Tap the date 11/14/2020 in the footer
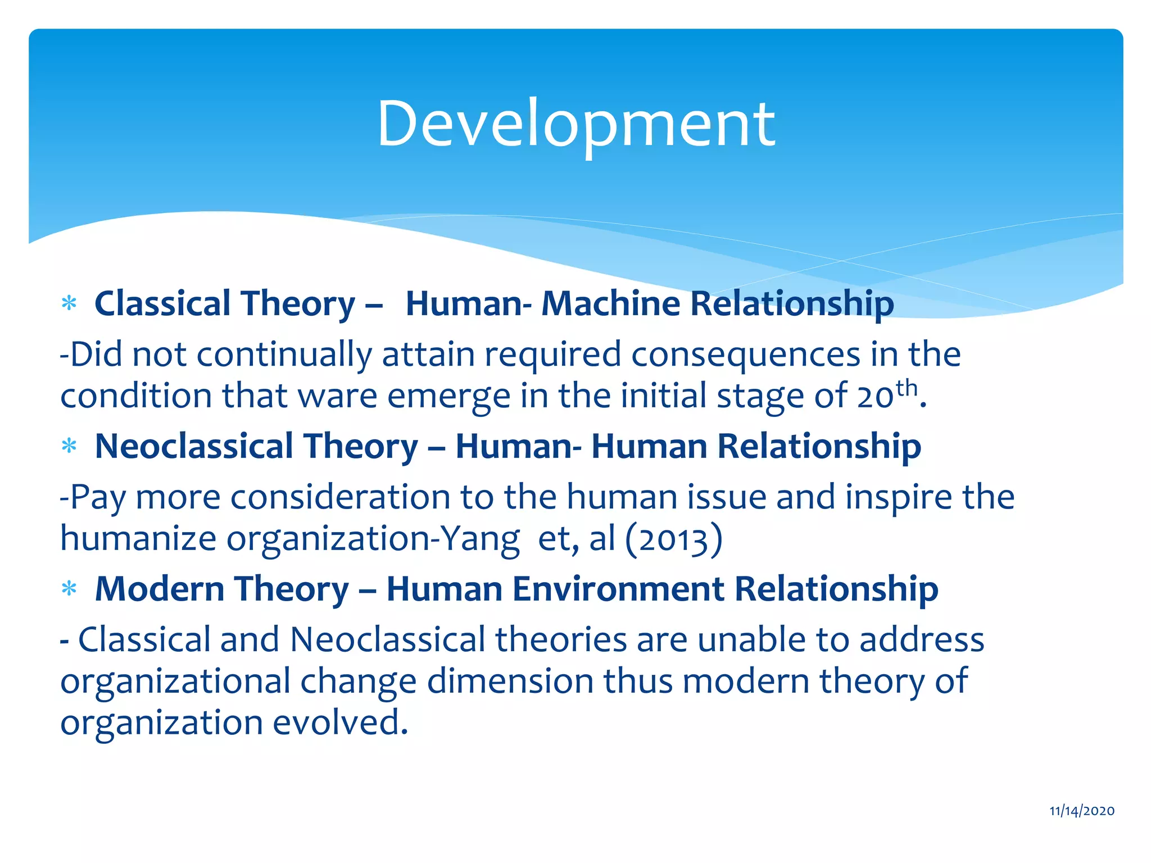click(1082, 811)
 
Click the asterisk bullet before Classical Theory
click(69, 305)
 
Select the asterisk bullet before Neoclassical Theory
click(69, 447)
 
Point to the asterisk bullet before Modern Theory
click(69, 590)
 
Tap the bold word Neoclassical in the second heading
click(194, 446)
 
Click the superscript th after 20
click(907, 388)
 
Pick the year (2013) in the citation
click(673, 539)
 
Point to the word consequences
click(745, 355)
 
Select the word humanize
click(138, 539)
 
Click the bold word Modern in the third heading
click(160, 589)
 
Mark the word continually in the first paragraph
click(284, 355)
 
